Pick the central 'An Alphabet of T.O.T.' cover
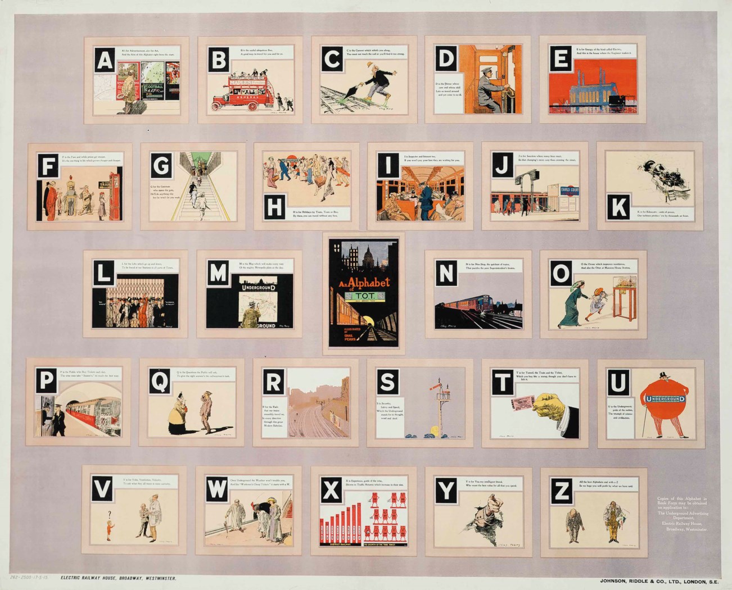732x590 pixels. (363, 294)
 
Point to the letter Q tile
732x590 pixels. (160, 382)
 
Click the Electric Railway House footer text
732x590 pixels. (119, 578)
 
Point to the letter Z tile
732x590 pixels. (561, 493)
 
